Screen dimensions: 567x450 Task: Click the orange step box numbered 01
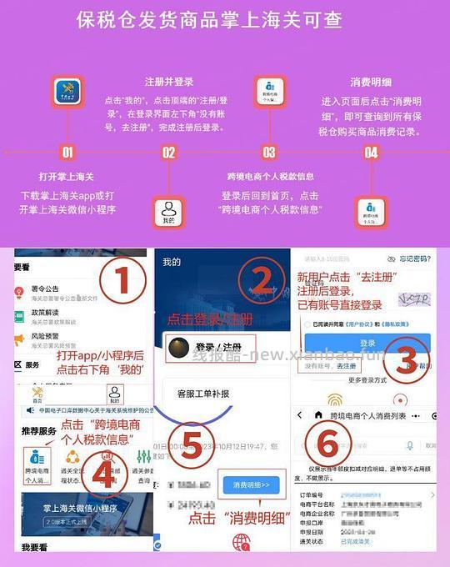click(67, 153)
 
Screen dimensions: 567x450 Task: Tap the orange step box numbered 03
click(269, 153)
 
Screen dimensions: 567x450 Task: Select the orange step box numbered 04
click(372, 153)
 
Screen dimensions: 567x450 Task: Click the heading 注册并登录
click(169, 82)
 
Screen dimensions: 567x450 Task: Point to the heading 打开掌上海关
click(67, 177)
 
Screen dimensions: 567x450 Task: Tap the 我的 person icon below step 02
click(169, 210)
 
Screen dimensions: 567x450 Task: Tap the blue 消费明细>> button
click(251, 484)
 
